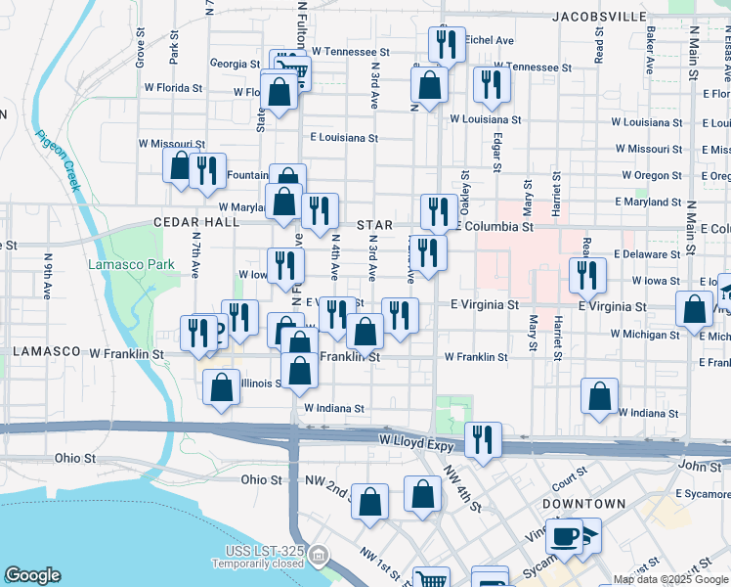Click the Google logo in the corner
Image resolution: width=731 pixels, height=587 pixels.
[32, 575]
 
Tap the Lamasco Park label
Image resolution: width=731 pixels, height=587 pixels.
[131, 264]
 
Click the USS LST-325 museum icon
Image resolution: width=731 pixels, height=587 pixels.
[318, 556]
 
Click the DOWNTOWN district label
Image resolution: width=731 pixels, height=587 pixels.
[584, 504]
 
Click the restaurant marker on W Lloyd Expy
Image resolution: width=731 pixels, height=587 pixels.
[483, 440]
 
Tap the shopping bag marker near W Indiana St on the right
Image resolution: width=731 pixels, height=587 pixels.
[599, 396]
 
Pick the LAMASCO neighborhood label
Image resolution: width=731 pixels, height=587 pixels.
[46, 351]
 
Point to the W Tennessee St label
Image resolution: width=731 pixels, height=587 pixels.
[350, 52]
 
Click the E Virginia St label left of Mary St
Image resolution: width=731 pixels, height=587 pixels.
[485, 305]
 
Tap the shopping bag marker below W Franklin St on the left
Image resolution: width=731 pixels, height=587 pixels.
[222, 385]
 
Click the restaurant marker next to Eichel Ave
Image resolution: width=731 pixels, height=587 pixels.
[446, 45]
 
